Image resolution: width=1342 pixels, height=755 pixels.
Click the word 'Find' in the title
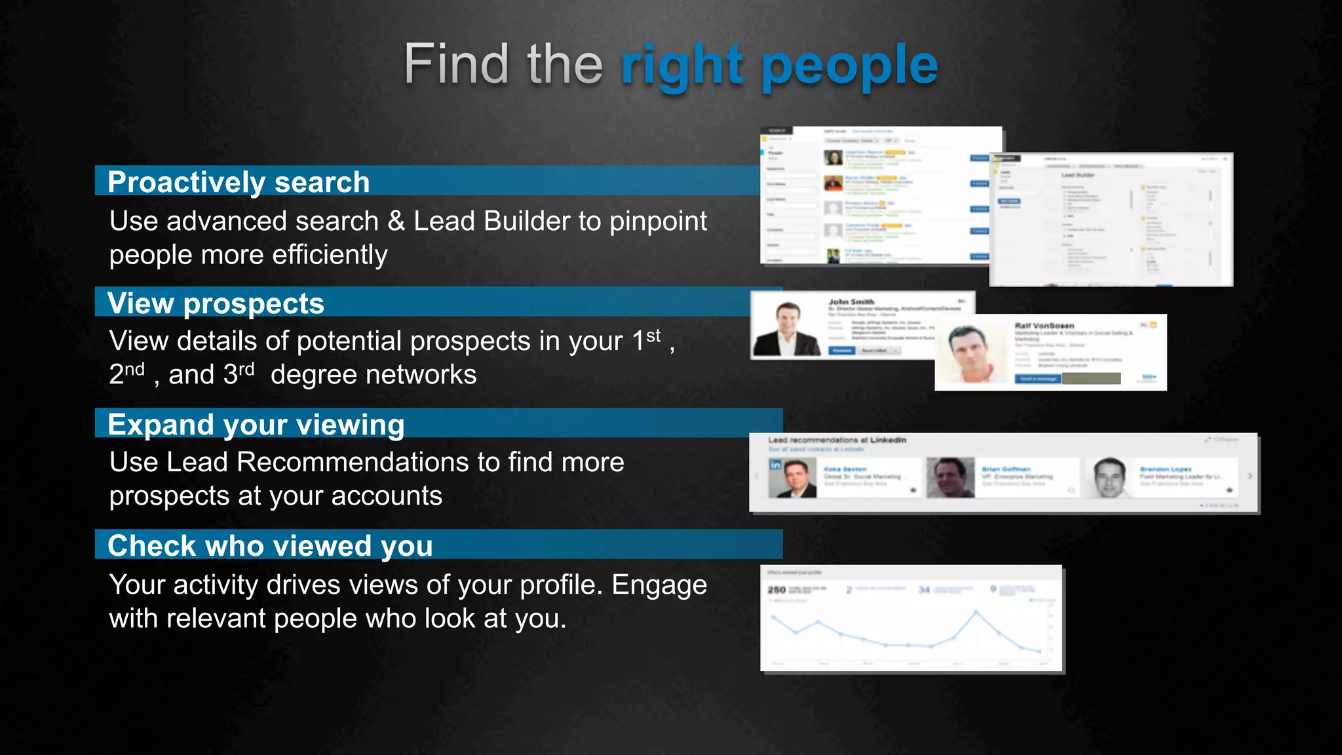[x=455, y=64]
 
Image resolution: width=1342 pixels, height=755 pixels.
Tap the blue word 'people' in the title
[x=850, y=66]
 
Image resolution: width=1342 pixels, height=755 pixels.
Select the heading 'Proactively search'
[x=239, y=182]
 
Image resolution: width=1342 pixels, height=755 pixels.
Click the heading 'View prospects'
[x=216, y=303]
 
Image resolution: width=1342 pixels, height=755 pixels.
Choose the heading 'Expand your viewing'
[x=256, y=424]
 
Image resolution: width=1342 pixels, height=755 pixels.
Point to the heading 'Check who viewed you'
[x=270, y=545]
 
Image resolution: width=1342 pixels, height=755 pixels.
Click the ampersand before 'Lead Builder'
[x=396, y=222]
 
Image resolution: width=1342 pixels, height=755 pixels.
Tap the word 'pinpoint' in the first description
[x=658, y=222]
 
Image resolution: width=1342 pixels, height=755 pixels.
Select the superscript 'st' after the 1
[x=653, y=336]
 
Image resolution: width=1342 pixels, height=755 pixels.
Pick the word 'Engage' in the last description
[x=659, y=585]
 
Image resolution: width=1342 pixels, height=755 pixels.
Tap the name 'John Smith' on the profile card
[x=851, y=302]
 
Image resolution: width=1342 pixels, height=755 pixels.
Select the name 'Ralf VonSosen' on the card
[x=1044, y=326]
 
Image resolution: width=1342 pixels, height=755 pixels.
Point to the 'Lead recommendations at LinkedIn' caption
[x=837, y=440]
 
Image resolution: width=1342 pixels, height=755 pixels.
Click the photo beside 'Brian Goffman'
[x=950, y=477]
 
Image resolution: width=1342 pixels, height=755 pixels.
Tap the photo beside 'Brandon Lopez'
[x=1109, y=477]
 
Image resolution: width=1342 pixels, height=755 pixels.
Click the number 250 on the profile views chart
[x=776, y=590]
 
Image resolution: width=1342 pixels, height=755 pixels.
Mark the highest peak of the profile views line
[x=976, y=612]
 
